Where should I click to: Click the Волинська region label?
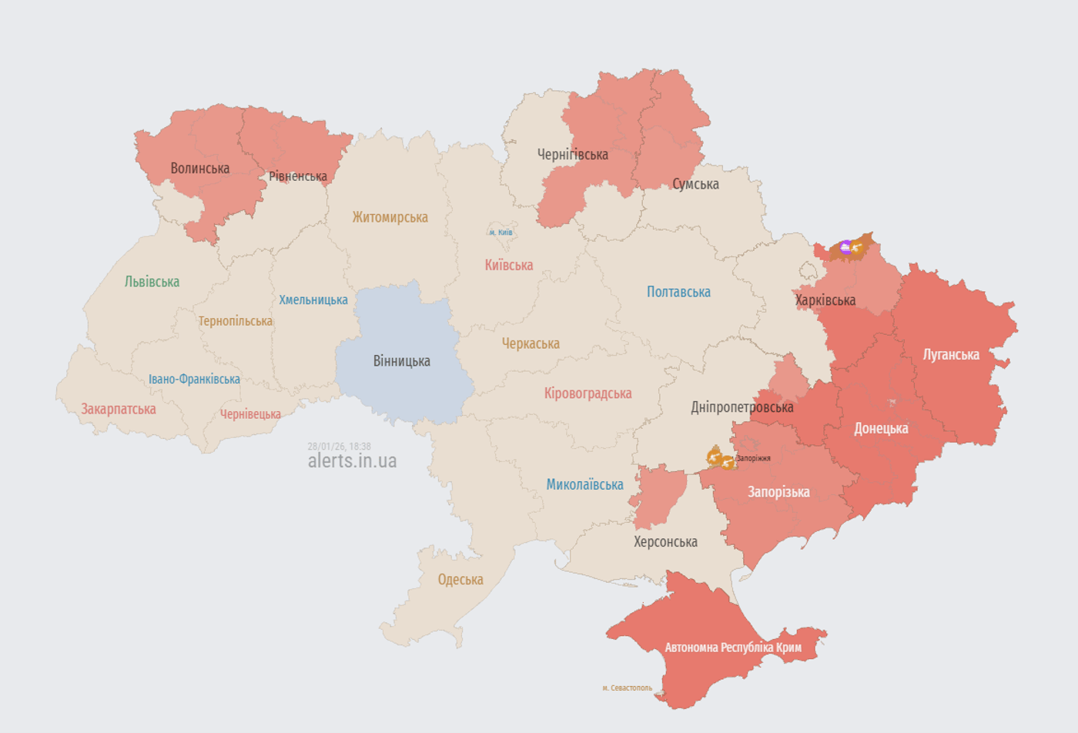click(x=200, y=168)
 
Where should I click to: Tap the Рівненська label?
click(x=298, y=176)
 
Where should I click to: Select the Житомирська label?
click(x=390, y=217)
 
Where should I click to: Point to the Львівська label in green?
click(x=152, y=282)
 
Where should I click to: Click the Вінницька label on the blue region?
click(x=401, y=361)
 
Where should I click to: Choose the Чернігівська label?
click(x=572, y=155)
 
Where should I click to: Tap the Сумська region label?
click(x=695, y=184)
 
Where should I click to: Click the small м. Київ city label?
click(x=500, y=233)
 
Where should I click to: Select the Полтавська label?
click(x=678, y=292)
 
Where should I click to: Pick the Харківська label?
click(x=825, y=300)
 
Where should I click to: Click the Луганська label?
click(x=951, y=355)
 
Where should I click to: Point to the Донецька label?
click(x=881, y=429)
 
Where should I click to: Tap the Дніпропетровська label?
click(x=742, y=407)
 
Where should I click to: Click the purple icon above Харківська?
click(x=845, y=247)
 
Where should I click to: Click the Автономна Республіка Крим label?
click(x=733, y=648)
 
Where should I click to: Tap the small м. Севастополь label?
click(x=627, y=688)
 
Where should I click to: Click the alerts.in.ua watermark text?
click(x=352, y=460)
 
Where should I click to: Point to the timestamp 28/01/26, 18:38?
click(x=339, y=446)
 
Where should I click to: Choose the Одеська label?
click(x=460, y=580)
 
